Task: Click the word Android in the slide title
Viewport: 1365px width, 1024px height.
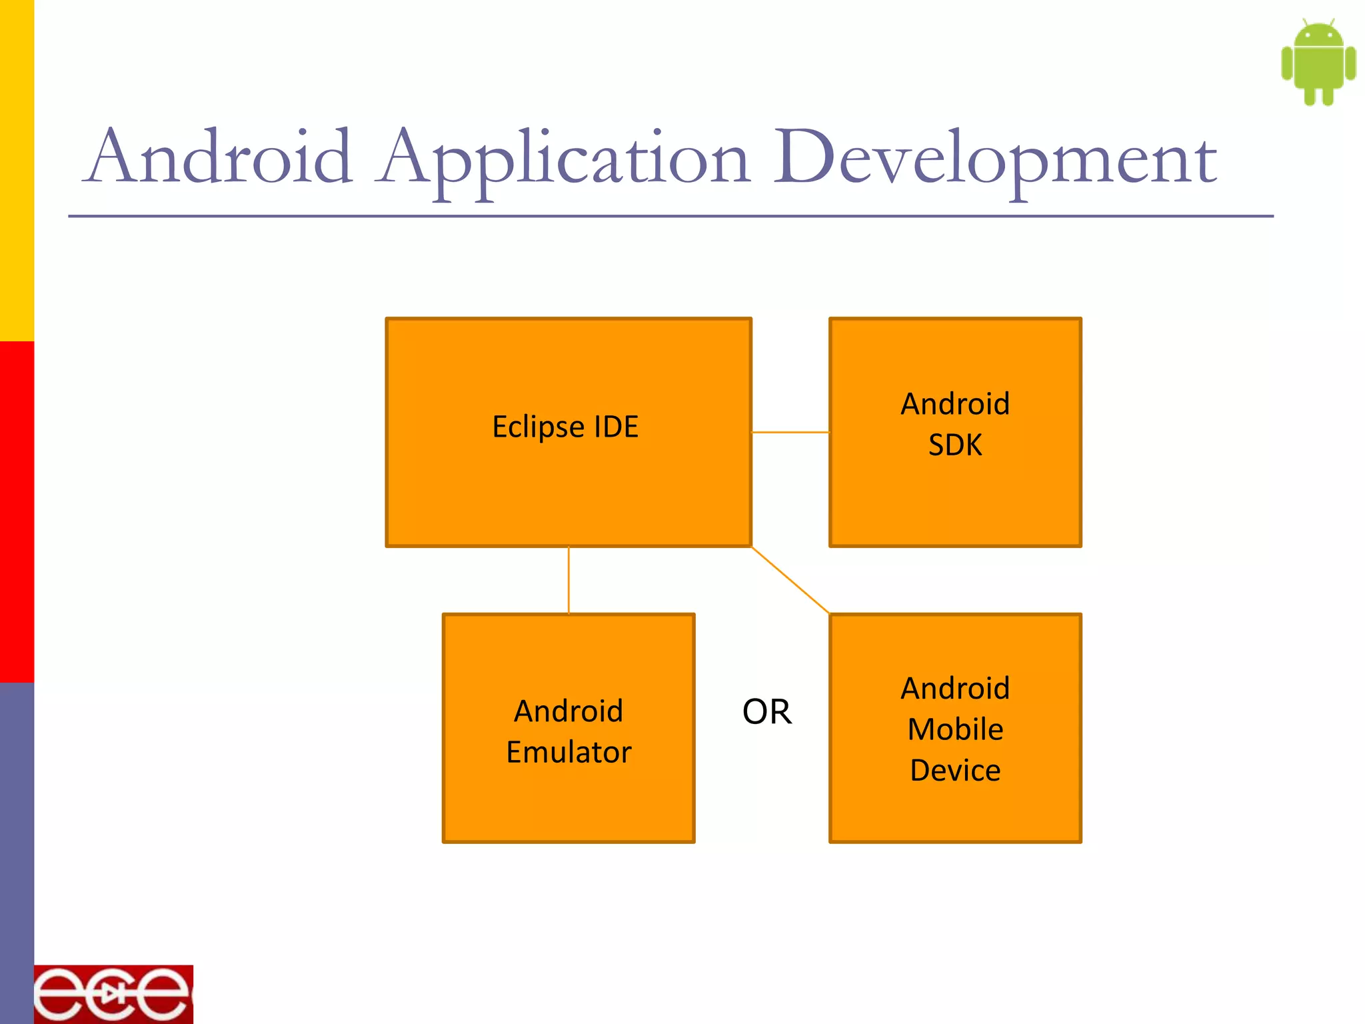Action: coord(219,157)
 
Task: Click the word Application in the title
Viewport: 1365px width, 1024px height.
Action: coord(563,160)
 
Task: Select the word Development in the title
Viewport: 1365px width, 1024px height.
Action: coord(994,160)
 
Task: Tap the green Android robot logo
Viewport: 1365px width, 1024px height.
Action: coord(1318,63)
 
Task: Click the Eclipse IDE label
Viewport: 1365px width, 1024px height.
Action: coord(565,427)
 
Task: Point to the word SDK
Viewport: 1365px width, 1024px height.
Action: coord(955,445)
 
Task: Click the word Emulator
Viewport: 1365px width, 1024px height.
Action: coord(569,752)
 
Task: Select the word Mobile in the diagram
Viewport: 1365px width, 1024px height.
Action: coord(955,729)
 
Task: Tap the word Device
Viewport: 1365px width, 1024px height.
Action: coord(955,771)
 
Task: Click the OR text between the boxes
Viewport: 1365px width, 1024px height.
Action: coord(766,712)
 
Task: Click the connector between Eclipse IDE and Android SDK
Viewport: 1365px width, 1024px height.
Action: coord(790,432)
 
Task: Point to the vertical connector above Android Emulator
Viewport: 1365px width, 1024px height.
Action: coord(569,580)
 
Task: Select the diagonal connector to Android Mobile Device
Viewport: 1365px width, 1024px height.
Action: coord(790,580)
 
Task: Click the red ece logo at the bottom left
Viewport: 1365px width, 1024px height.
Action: coord(113,994)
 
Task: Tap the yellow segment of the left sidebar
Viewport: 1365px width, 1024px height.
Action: coord(17,170)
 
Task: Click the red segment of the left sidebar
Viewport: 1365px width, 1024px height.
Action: coord(17,512)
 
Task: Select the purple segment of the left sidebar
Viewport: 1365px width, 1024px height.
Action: coord(17,853)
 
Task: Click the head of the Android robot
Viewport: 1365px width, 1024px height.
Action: coord(1318,35)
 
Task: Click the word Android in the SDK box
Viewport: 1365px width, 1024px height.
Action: coord(955,404)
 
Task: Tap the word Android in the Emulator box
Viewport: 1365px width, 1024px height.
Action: coord(569,711)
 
